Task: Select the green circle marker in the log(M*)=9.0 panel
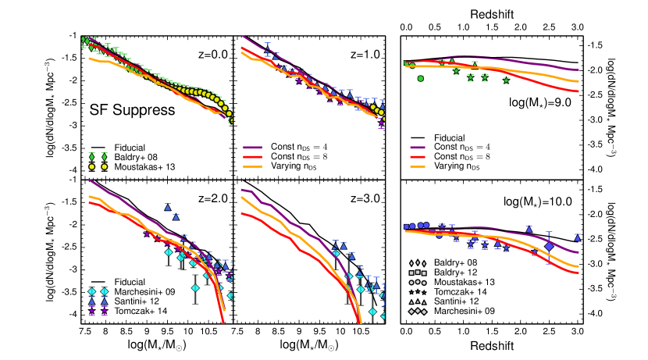point(421,78)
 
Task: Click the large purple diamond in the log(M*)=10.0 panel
point(549,247)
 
